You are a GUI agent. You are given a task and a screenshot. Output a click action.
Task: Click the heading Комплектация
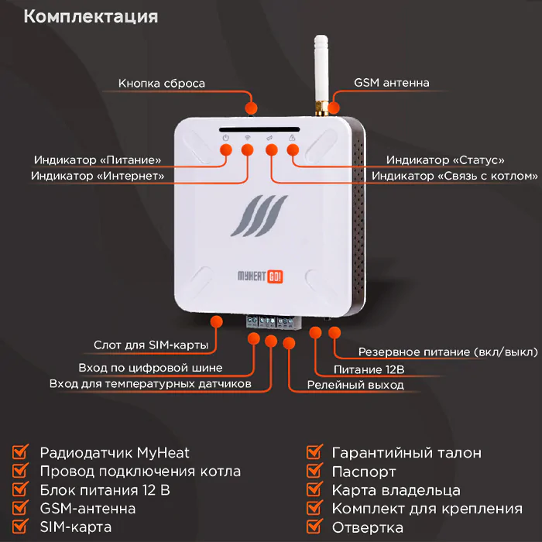click(x=91, y=17)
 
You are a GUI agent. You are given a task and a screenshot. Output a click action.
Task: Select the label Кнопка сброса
click(x=162, y=83)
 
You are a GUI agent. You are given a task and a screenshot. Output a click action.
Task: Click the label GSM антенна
click(x=391, y=83)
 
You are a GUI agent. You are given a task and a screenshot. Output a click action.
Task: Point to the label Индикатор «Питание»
click(x=98, y=160)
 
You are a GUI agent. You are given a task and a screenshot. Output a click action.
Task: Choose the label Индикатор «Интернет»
click(x=98, y=176)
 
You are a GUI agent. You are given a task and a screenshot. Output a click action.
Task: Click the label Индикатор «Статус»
click(x=445, y=160)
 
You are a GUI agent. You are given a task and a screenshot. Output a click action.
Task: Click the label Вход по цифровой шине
click(x=150, y=368)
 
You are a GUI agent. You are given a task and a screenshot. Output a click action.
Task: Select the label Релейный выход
click(x=355, y=384)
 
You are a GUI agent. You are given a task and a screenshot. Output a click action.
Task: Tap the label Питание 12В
click(x=369, y=369)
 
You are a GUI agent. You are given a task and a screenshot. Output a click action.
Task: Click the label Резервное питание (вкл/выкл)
click(x=448, y=352)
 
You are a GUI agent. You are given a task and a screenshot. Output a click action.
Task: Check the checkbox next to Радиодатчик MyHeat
click(x=22, y=452)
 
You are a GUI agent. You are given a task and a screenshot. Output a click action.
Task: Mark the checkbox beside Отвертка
click(x=314, y=527)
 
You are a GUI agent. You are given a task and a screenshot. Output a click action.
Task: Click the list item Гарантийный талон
click(x=406, y=453)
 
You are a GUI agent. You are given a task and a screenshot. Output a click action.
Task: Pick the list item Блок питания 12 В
click(x=105, y=490)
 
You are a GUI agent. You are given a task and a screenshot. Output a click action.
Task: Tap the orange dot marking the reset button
click(x=250, y=107)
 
